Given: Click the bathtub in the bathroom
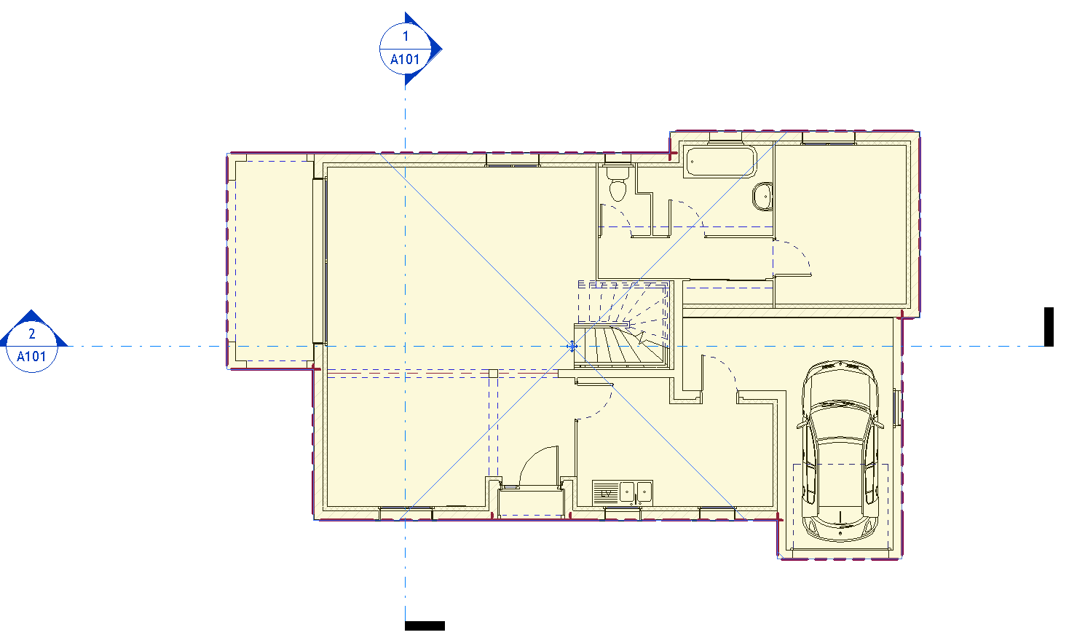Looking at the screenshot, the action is point(720,162).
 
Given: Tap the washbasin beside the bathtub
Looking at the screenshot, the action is point(762,196).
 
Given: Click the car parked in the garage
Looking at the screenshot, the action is point(840,451).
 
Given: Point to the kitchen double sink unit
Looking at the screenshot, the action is point(622,492).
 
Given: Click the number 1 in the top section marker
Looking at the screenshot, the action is point(406,36).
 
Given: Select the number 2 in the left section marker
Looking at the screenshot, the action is point(32,334).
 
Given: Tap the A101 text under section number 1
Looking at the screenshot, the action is point(405,60).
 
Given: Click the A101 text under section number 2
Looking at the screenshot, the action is point(31,357).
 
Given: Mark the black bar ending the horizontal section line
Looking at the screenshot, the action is point(1049,327).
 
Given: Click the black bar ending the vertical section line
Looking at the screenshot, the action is point(425,626).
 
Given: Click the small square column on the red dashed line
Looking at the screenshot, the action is point(493,374).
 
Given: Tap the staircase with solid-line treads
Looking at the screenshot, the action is point(620,344).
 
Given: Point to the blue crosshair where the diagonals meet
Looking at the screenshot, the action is point(572,346).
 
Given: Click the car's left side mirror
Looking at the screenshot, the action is point(801,425).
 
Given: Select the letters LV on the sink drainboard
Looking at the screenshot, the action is point(606,493).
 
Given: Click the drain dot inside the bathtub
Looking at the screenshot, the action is point(693,162).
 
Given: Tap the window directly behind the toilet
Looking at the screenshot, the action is point(618,159).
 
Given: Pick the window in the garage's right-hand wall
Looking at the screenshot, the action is point(896,407).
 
